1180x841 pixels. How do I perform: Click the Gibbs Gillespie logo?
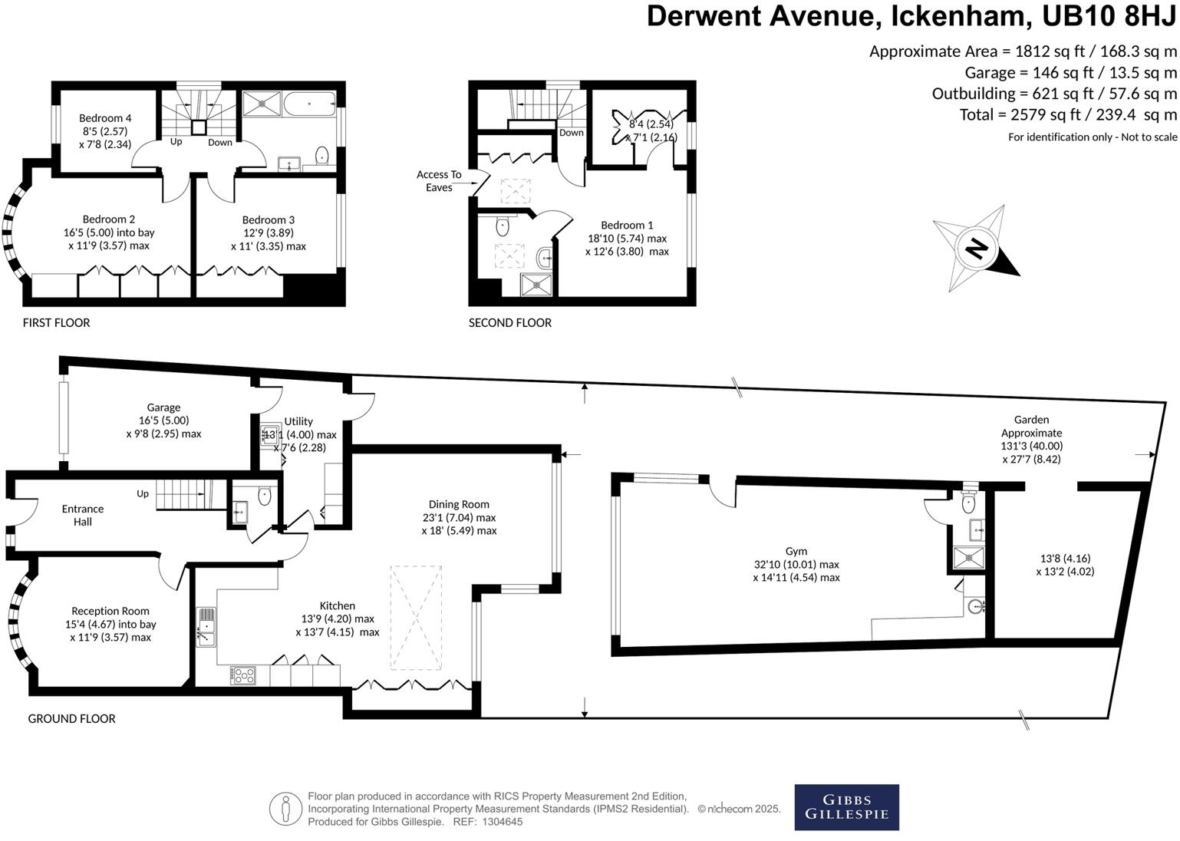pyautogui.click(x=846, y=807)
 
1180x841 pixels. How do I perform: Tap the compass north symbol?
pyautogui.click(x=976, y=248)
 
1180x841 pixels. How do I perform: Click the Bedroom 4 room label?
pyautogui.click(x=105, y=118)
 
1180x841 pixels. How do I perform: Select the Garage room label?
pyautogui.click(x=163, y=407)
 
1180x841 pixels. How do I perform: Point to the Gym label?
pyautogui.click(x=796, y=551)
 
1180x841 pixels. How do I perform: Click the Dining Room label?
pyautogui.click(x=459, y=504)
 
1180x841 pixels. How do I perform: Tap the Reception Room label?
pyautogui.click(x=110, y=612)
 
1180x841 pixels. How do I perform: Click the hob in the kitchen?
pyautogui.click(x=243, y=675)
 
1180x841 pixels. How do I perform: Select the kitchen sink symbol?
pyautogui.click(x=206, y=626)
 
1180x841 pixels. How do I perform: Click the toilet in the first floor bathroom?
pyautogui.click(x=321, y=155)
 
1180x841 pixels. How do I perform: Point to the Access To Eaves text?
pyautogui.click(x=439, y=181)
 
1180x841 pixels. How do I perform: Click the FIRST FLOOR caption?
pyautogui.click(x=56, y=323)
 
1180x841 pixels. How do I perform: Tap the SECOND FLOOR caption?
pyautogui.click(x=510, y=323)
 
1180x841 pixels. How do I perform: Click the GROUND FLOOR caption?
pyautogui.click(x=71, y=719)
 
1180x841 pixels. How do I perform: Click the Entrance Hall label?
pyautogui.click(x=83, y=515)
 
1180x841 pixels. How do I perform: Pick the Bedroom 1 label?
pyautogui.click(x=627, y=225)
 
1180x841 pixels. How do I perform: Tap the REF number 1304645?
pyautogui.click(x=499, y=822)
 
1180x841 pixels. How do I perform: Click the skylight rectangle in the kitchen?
pyautogui.click(x=417, y=618)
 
